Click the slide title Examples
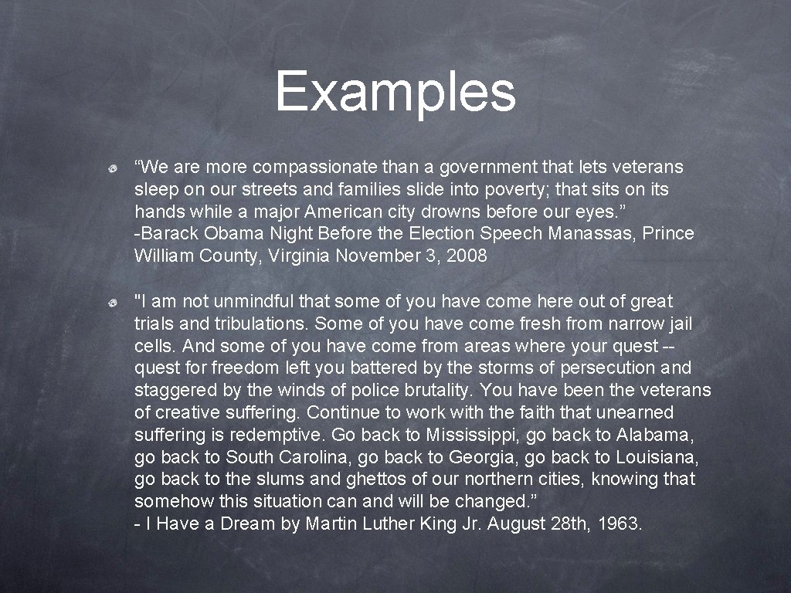[x=395, y=91]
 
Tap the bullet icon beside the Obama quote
[x=113, y=168]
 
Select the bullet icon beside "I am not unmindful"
[x=113, y=302]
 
